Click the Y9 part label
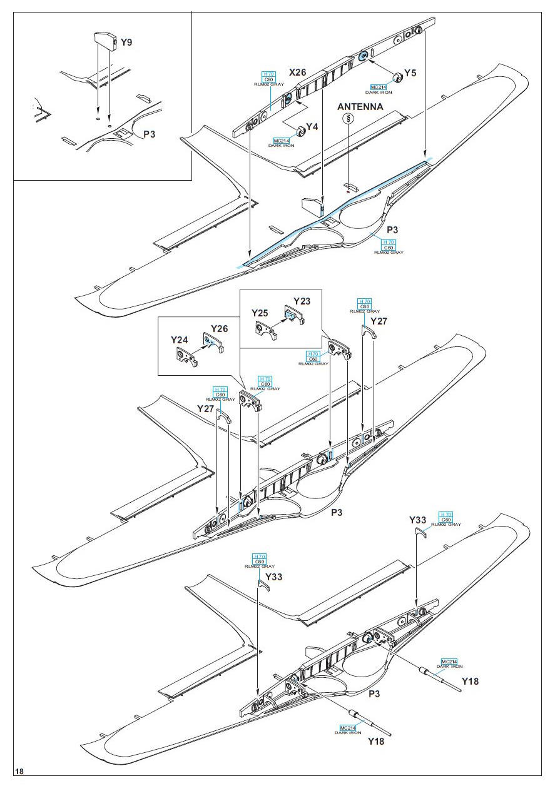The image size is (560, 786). tap(126, 43)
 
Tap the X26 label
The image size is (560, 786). tap(297, 73)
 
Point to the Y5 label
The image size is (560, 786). tap(410, 73)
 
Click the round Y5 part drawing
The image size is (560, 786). tap(396, 79)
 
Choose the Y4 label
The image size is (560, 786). tap(312, 127)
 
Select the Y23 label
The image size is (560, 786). tap(301, 300)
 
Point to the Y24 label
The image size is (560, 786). tap(180, 340)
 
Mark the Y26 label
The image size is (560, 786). tap(220, 329)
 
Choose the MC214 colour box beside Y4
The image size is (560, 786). tap(281, 140)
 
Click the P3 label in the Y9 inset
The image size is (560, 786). tap(150, 134)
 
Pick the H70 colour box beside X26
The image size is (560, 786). tap(270, 73)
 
